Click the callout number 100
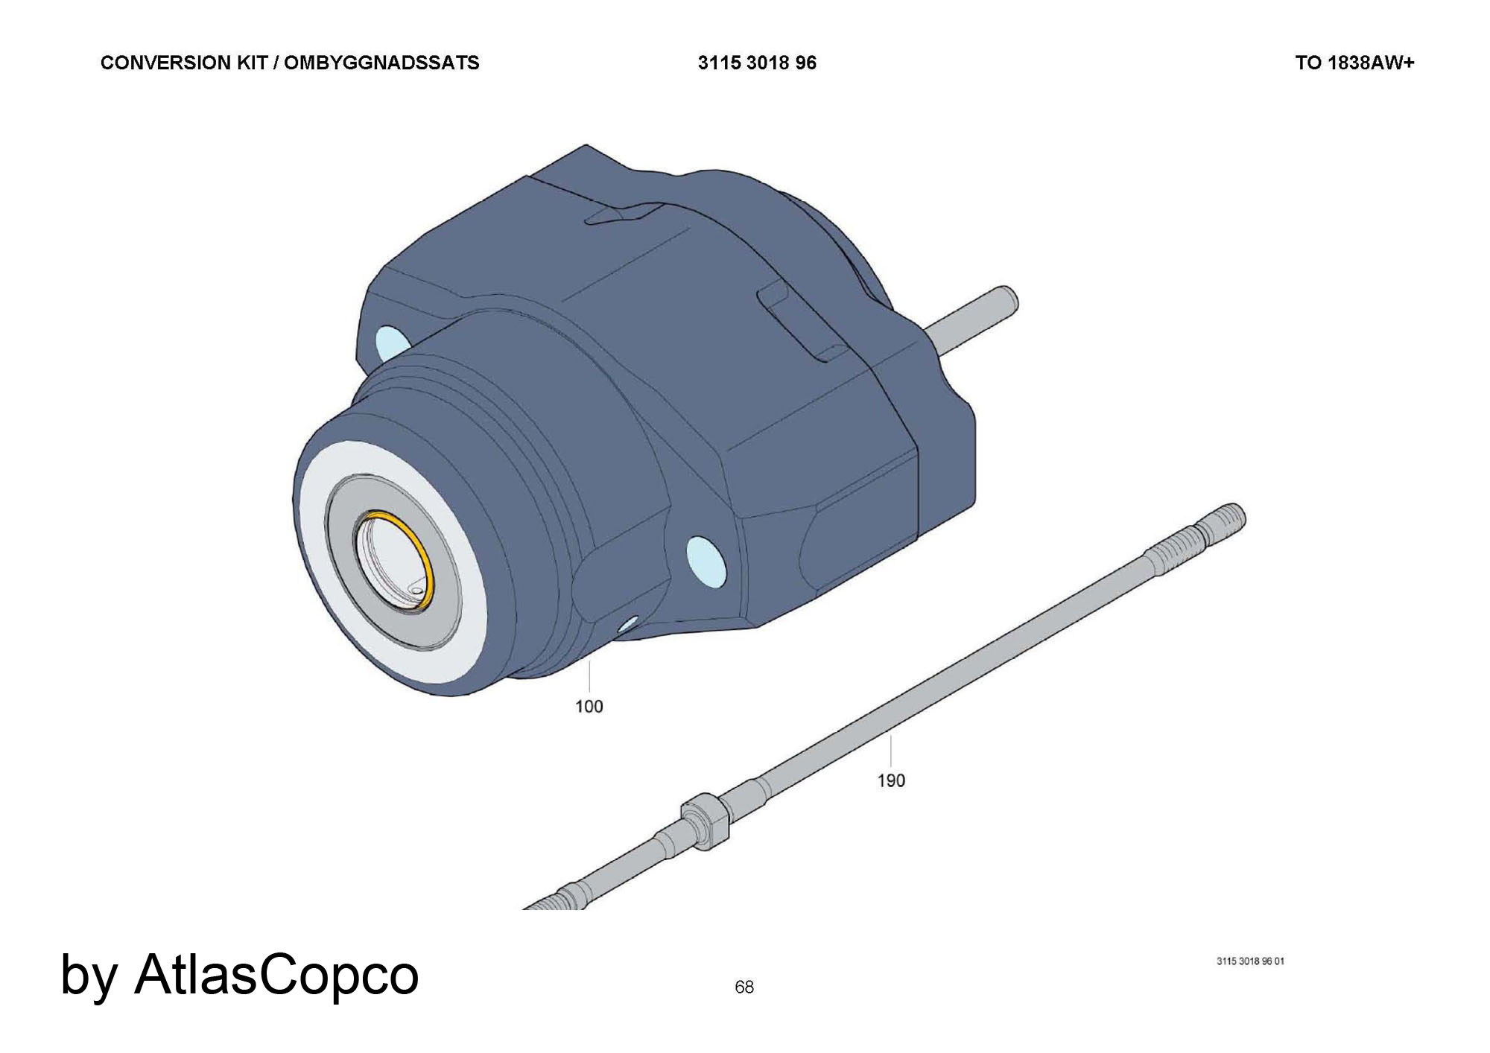pos(589,706)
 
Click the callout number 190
pos(891,780)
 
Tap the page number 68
pos(744,987)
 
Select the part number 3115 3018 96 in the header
pos(757,63)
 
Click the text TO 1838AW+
pos(1354,63)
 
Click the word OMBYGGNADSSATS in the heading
pos(381,63)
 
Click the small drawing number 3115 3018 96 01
pos(1250,961)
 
